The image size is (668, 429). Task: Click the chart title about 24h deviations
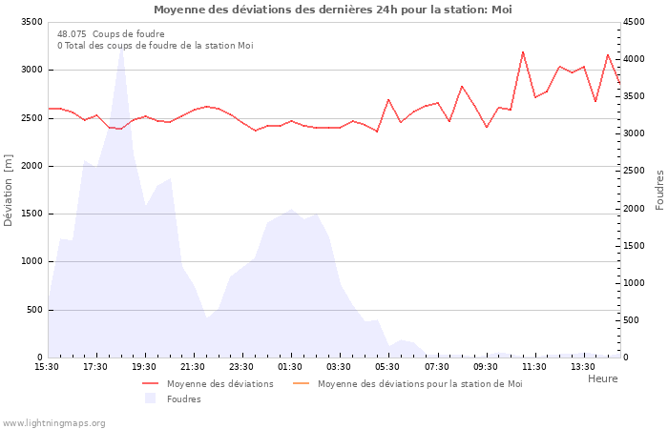pyautogui.click(x=332, y=10)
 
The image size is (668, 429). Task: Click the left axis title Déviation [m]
pyautogui.click(x=9, y=190)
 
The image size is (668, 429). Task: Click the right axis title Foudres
pyautogui.click(x=659, y=190)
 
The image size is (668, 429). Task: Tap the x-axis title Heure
pyautogui.click(x=602, y=378)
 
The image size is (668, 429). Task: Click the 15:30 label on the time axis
pyautogui.click(x=47, y=367)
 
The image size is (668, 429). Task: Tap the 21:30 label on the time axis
pyautogui.click(x=193, y=367)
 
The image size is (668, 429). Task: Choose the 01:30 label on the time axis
pyautogui.click(x=290, y=367)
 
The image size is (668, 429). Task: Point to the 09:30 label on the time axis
pyautogui.click(x=485, y=367)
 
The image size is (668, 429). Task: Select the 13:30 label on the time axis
pyautogui.click(x=582, y=367)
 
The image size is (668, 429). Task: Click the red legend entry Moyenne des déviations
pyautogui.click(x=219, y=384)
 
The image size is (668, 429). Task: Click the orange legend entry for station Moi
pyautogui.click(x=420, y=384)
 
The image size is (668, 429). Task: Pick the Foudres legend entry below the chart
pyautogui.click(x=183, y=399)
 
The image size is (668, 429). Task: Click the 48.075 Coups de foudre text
pyautogui.click(x=111, y=34)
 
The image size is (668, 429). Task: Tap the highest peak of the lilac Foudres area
pyautogui.click(x=121, y=47)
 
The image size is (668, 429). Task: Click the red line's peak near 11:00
pyautogui.click(x=523, y=51)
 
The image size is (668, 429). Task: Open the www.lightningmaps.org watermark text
pyautogui.click(x=54, y=423)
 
